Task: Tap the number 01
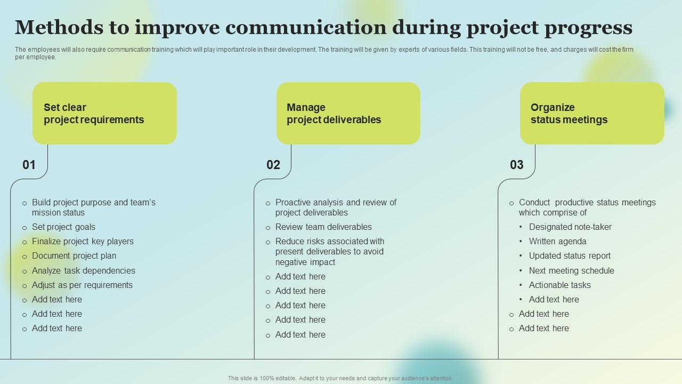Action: pos(29,165)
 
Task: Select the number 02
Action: pos(273,165)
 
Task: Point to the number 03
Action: pos(517,165)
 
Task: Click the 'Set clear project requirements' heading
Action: pos(94,114)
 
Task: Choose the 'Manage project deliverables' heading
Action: pos(334,114)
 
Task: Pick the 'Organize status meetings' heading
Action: pos(569,114)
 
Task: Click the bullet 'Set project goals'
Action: pos(63,227)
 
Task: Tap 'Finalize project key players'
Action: pos(83,242)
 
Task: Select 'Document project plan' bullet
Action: pos(74,255)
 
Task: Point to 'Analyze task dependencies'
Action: pos(84,270)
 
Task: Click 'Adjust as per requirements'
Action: pos(82,285)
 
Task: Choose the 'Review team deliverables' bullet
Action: pos(323,227)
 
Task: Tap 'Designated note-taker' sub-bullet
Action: pos(570,227)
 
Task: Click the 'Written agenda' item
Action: pos(557,242)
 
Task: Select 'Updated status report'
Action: pos(570,255)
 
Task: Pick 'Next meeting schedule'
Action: pos(572,270)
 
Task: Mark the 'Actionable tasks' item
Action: pos(559,285)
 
